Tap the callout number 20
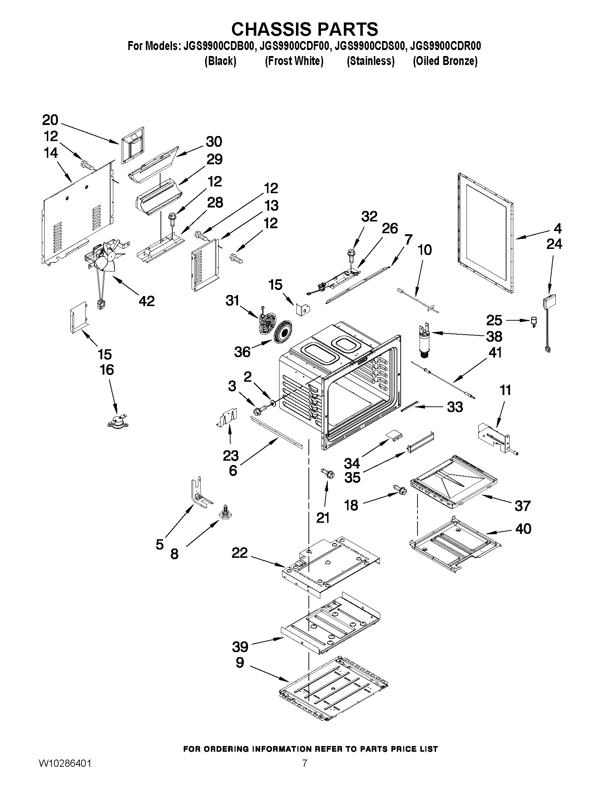[50, 120]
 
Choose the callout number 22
[239, 553]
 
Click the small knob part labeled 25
[534, 321]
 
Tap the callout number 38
[494, 337]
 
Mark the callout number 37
[523, 506]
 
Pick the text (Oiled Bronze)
[445, 61]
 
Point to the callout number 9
[240, 662]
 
